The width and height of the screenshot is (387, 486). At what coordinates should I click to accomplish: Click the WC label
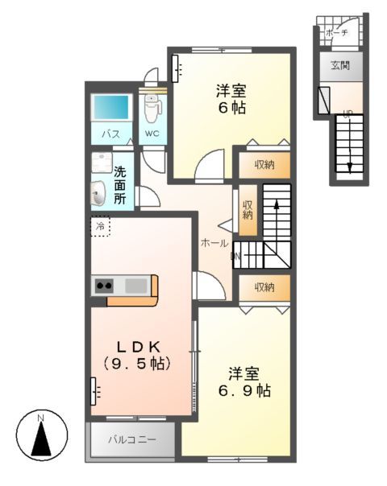tap(152, 134)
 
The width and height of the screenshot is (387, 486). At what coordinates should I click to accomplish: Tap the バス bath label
tap(110, 134)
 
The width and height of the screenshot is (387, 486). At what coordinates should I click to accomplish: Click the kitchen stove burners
tap(105, 285)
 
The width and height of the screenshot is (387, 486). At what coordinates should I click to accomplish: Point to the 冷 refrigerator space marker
tap(101, 227)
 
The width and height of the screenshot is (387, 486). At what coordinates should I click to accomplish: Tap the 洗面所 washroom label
tap(119, 184)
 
